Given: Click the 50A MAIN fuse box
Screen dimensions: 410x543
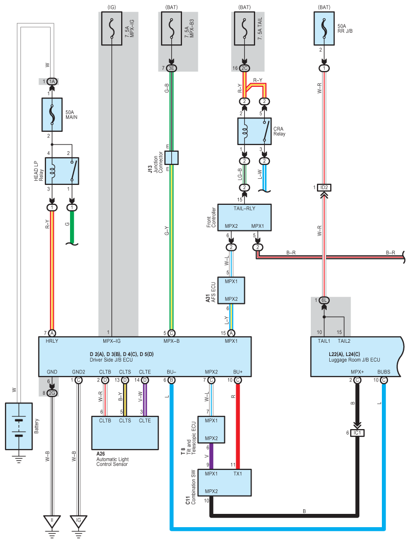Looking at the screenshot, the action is click(52, 114).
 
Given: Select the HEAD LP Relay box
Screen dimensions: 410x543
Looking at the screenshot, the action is click(62, 171).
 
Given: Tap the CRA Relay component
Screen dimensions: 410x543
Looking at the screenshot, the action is click(255, 131).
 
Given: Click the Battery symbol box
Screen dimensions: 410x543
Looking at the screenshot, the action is click(19, 426).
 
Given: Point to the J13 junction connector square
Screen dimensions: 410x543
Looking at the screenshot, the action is click(172, 157).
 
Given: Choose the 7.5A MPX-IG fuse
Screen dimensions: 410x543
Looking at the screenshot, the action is click(111, 29).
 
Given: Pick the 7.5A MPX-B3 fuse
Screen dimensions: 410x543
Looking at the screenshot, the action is click(172, 29).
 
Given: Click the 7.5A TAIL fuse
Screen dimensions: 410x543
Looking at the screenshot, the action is click(244, 29).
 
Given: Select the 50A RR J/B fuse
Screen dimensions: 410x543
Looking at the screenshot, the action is click(324, 29).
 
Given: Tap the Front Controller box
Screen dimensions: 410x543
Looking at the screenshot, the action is click(244, 218).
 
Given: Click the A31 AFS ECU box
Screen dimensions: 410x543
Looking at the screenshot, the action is click(231, 290).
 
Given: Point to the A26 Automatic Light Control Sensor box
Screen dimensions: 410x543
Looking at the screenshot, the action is click(125, 433).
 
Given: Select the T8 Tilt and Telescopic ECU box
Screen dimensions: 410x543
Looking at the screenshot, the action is click(211, 430).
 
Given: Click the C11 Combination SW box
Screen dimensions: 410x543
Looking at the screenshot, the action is click(224, 483).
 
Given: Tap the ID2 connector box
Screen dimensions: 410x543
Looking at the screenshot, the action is click(324, 187).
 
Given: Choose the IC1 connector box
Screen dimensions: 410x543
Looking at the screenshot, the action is click(357, 433).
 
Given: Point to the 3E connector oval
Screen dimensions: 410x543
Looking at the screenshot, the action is click(172, 68).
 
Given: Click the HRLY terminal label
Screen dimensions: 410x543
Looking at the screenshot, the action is click(52, 341).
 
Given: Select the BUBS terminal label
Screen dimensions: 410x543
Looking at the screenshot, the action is click(383, 372).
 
